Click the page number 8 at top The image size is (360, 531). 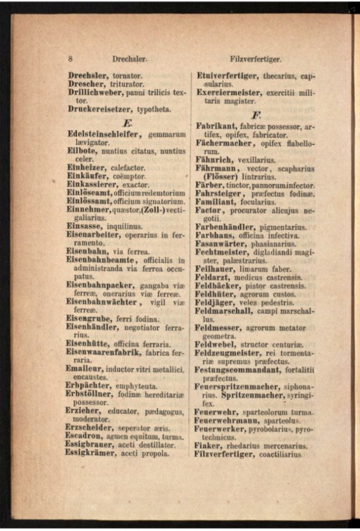tap(70, 59)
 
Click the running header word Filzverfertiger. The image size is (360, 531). tap(255, 59)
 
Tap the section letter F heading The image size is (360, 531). tap(256, 114)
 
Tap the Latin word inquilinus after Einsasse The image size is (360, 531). tap(123, 225)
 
